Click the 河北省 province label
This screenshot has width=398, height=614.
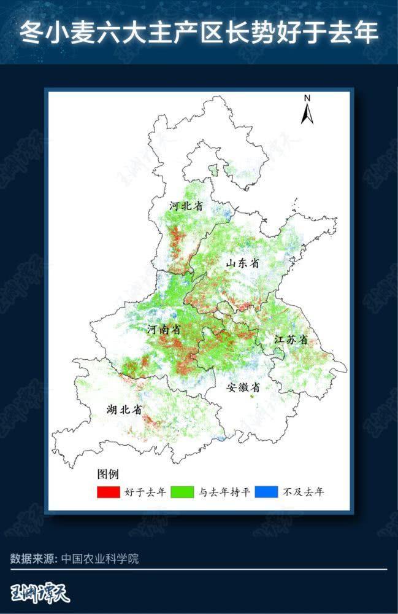pos(186,206)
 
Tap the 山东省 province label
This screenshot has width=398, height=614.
pos(242,263)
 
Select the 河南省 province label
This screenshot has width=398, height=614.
pos(164,330)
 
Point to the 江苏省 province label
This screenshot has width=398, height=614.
pos(291,340)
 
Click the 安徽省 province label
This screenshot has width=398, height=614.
pos(243,387)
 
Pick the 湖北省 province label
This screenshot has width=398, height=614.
pos(124,409)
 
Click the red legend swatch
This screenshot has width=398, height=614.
pos(108,492)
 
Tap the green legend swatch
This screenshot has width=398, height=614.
pos(182,492)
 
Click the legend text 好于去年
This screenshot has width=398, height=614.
pos(145,492)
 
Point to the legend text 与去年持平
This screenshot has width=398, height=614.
pos(224,492)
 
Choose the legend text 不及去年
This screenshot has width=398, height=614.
pos(303,492)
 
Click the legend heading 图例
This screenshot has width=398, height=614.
pos(107,475)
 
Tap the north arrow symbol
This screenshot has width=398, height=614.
pos(307,114)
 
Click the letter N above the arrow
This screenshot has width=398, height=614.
pos(307,98)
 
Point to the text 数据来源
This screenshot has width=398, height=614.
pos(33,559)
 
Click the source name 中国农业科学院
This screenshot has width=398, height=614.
pos(100,559)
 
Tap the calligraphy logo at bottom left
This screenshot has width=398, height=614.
pos(40,594)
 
